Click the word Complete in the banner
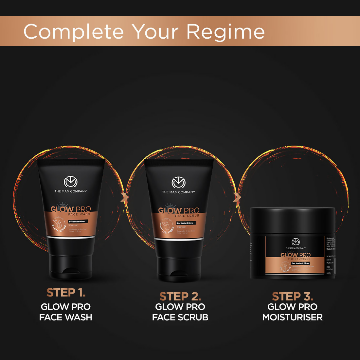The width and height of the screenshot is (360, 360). pyautogui.click(x=74, y=32)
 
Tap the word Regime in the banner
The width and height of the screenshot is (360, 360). pyautogui.click(x=225, y=32)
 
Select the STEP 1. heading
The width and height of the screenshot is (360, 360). pyautogui.click(x=66, y=293)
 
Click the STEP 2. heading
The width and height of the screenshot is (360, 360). pyautogui.click(x=180, y=297)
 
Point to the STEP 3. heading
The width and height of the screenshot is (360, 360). pyautogui.click(x=293, y=297)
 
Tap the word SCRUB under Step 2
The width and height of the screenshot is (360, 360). pyautogui.click(x=193, y=317)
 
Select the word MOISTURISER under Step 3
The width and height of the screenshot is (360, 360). pyautogui.click(x=293, y=317)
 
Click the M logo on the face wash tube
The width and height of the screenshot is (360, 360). pyautogui.click(x=70, y=182)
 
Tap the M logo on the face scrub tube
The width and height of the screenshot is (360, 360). pyautogui.click(x=178, y=183)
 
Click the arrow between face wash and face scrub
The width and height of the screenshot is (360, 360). pyautogui.click(x=124, y=197)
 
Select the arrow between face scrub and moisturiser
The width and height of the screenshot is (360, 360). pyautogui.click(x=237, y=197)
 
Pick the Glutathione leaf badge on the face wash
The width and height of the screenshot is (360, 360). pyautogui.click(x=59, y=225)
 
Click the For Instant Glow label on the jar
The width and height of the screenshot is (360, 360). pyautogui.click(x=300, y=263)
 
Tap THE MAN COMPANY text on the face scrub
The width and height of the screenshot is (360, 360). pyautogui.click(x=178, y=192)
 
